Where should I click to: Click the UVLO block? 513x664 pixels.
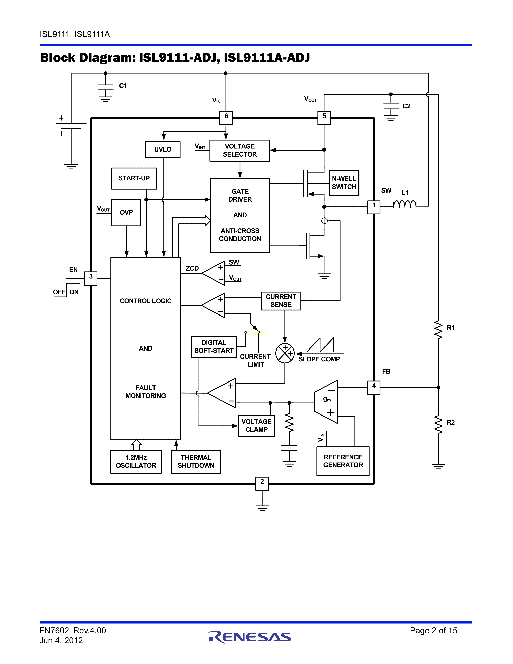coord(163,149)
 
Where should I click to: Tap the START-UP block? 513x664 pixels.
coord(134,178)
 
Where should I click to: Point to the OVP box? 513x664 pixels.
coord(126,212)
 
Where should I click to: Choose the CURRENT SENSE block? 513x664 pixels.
coord(281,301)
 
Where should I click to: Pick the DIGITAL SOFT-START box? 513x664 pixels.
coord(214,347)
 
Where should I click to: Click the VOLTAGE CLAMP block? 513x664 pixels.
coord(256,426)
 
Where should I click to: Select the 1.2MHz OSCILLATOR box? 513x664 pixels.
coord(136,462)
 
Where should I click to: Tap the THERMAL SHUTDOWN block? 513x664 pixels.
coord(196,462)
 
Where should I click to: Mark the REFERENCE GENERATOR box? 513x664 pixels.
coord(343,461)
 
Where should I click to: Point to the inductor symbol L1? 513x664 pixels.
coord(405,204)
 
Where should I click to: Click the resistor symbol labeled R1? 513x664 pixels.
coord(438,329)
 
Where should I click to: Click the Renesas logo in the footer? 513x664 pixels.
coord(250,637)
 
